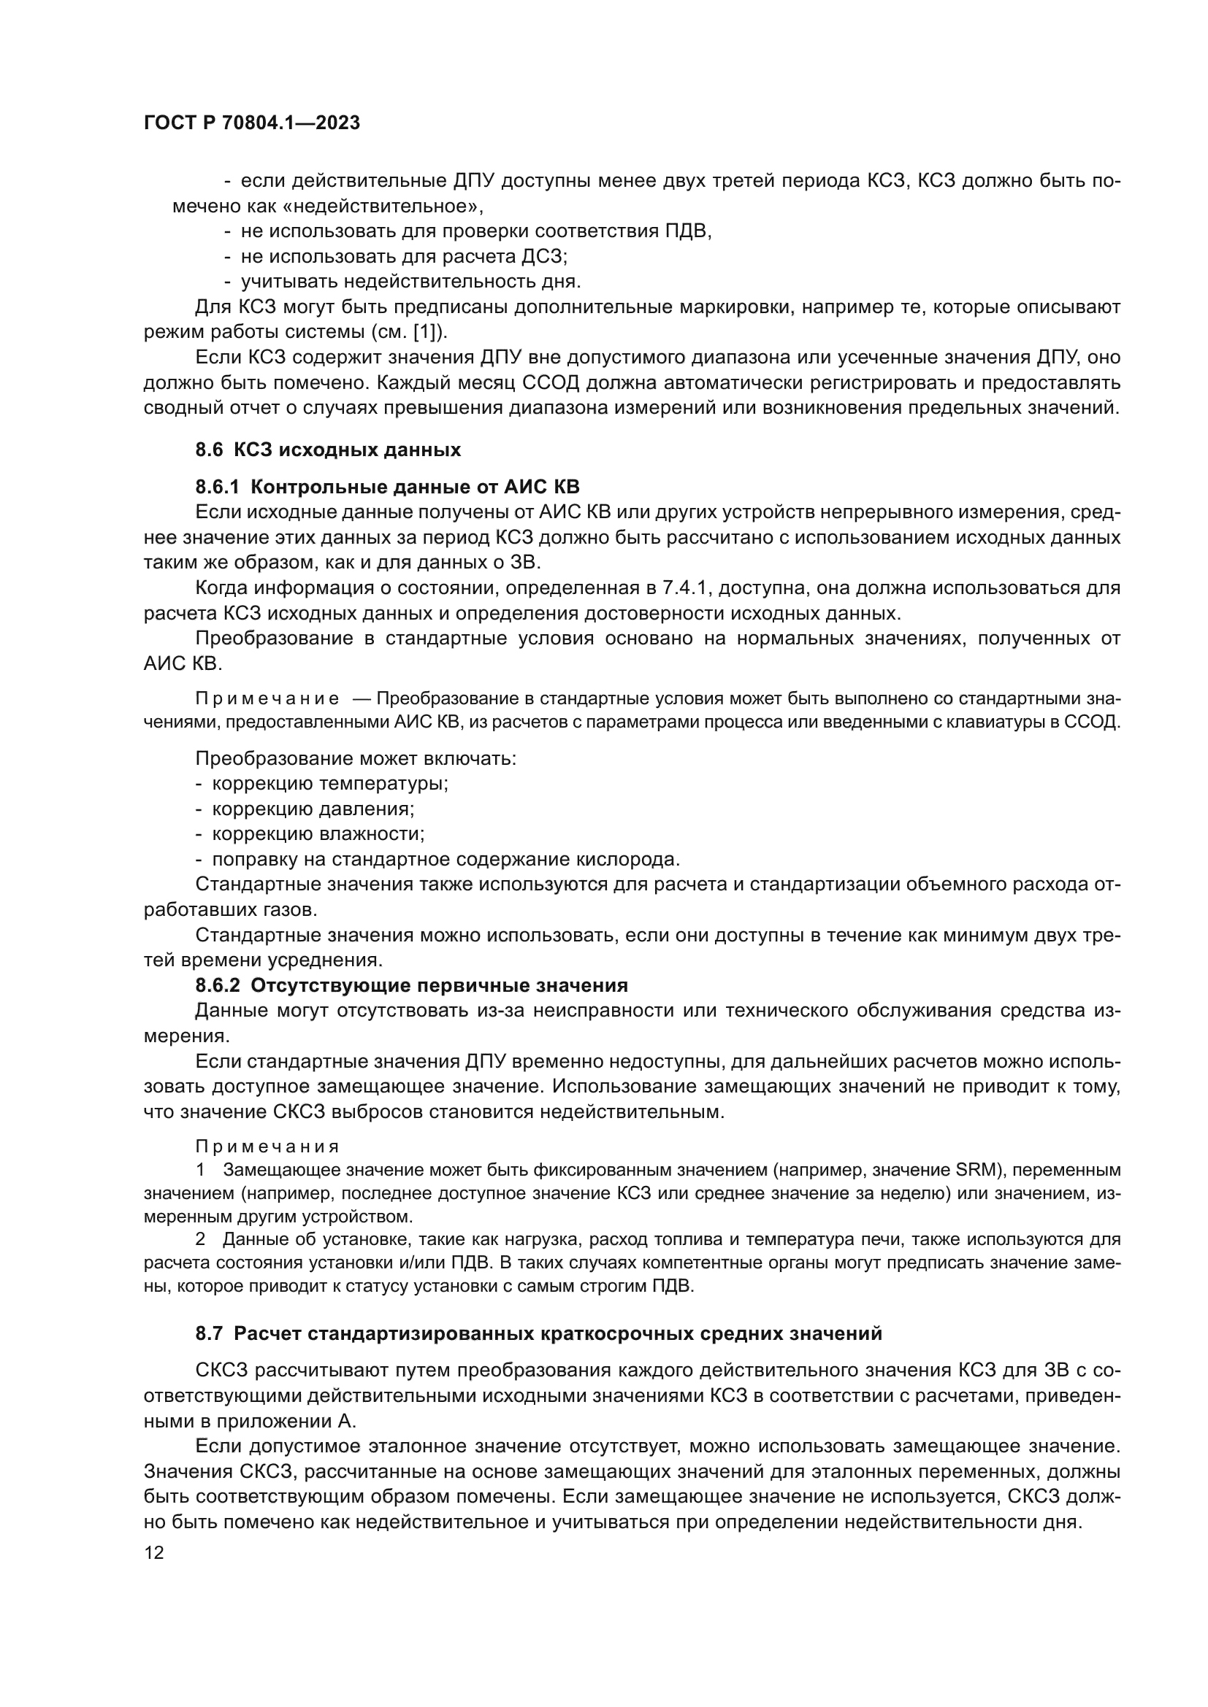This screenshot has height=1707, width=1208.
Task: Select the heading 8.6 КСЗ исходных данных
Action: click(x=328, y=450)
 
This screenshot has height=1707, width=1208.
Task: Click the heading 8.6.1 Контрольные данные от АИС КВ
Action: click(x=387, y=487)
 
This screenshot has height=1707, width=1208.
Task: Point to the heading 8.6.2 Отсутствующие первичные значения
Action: click(x=411, y=986)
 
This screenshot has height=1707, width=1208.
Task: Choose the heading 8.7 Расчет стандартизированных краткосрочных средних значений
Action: click(x=538, y=1334)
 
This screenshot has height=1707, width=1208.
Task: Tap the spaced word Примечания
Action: click(x=267, y=1147)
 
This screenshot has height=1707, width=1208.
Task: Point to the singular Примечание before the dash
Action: click(x=267, y=699)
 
